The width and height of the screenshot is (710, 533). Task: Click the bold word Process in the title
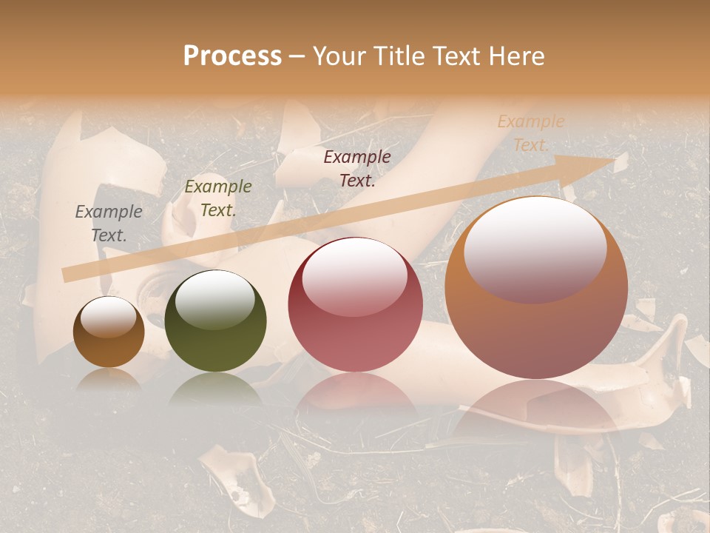[232, 56]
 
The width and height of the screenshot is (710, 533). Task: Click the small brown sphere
[109, 333]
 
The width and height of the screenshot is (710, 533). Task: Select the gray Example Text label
[109, 224]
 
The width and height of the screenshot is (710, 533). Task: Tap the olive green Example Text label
[217, 198]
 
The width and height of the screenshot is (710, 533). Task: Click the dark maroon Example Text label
[357, 169]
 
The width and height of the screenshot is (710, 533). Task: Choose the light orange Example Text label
[530, 133]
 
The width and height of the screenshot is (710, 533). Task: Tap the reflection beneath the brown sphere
[109, 380]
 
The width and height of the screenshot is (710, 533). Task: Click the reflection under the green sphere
[215, 389]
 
